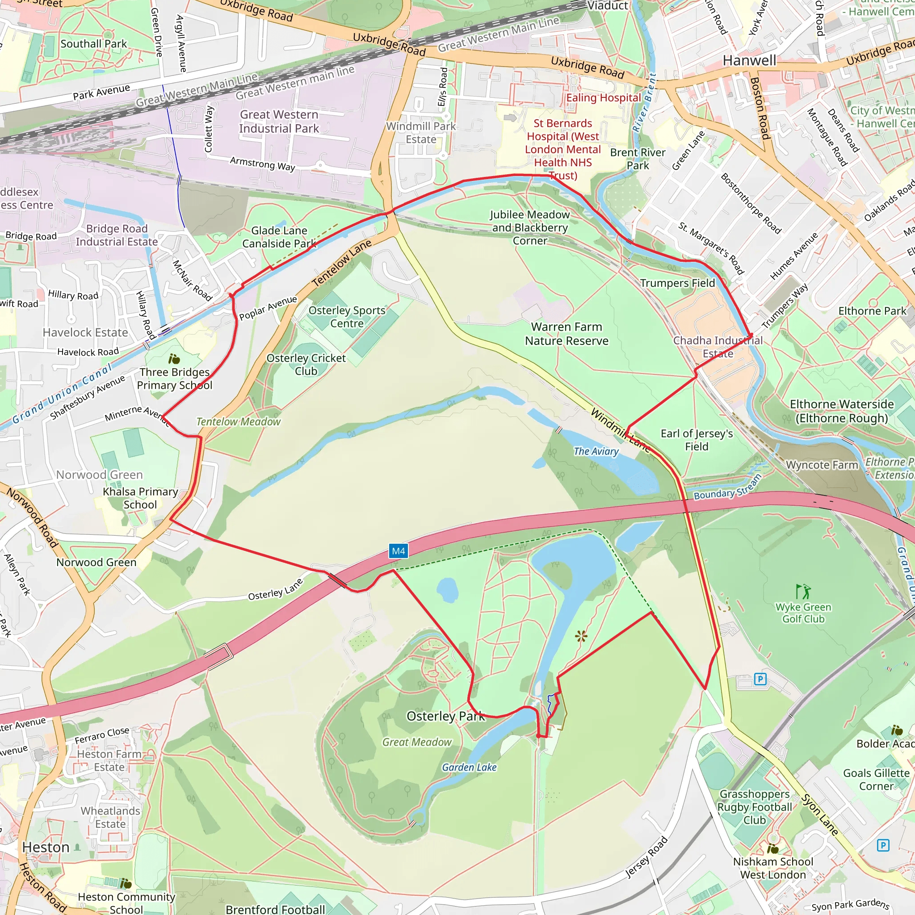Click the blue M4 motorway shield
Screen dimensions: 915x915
pos(398,551)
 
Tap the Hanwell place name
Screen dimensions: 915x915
pos(749,61)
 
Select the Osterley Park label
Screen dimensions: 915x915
pos(445,716)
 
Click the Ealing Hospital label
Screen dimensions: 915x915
pos(603,98)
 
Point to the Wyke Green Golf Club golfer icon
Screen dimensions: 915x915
pos(803,591)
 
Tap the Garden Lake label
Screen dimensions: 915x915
pos(469,767)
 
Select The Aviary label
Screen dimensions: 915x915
pos(596,451)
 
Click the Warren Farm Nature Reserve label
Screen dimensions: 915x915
pos(567,334)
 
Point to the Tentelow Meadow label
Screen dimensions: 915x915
pos(238,421)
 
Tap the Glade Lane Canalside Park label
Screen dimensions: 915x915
pos(279,237)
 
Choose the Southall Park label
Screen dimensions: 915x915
pos(94,44)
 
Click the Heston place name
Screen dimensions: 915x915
pos(46,847)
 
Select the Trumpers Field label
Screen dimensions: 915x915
pos(677,283)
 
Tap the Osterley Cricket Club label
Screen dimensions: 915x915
pos(306,365)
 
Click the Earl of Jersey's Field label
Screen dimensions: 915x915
pos(697,440)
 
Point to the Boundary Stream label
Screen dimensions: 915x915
pos(727,488)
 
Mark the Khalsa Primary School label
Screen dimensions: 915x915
pos(140,498)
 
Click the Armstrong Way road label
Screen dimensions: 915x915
pos(262,164)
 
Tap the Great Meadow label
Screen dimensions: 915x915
pos(417,742)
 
